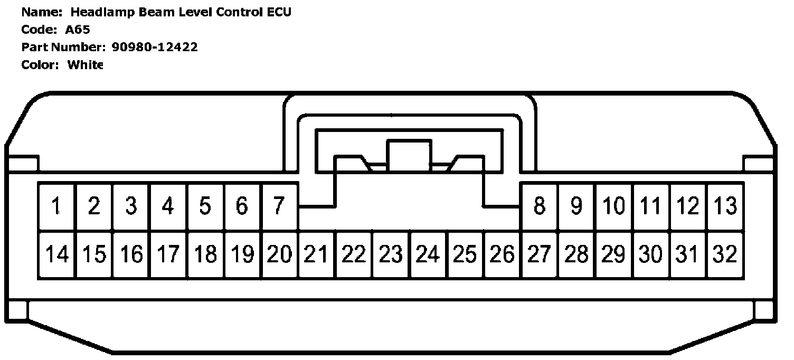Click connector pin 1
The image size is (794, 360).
(56, 206)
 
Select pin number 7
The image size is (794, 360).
(279, 206)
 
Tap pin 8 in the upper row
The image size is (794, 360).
(539, 206)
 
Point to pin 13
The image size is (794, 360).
(725, 206)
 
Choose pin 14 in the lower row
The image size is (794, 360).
(56, 254)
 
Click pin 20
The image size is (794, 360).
(279, 254)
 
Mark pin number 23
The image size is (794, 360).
(391, 254)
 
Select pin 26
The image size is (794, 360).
(502, 254)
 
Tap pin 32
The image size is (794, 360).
(725, 254)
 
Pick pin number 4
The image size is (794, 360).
(168, 206)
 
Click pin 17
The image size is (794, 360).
(168, 254)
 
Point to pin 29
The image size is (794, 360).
(613, 254)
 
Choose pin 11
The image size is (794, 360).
(650, 206)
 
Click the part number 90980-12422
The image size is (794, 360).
(155, 47)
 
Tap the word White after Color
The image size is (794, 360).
(86, 65)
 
